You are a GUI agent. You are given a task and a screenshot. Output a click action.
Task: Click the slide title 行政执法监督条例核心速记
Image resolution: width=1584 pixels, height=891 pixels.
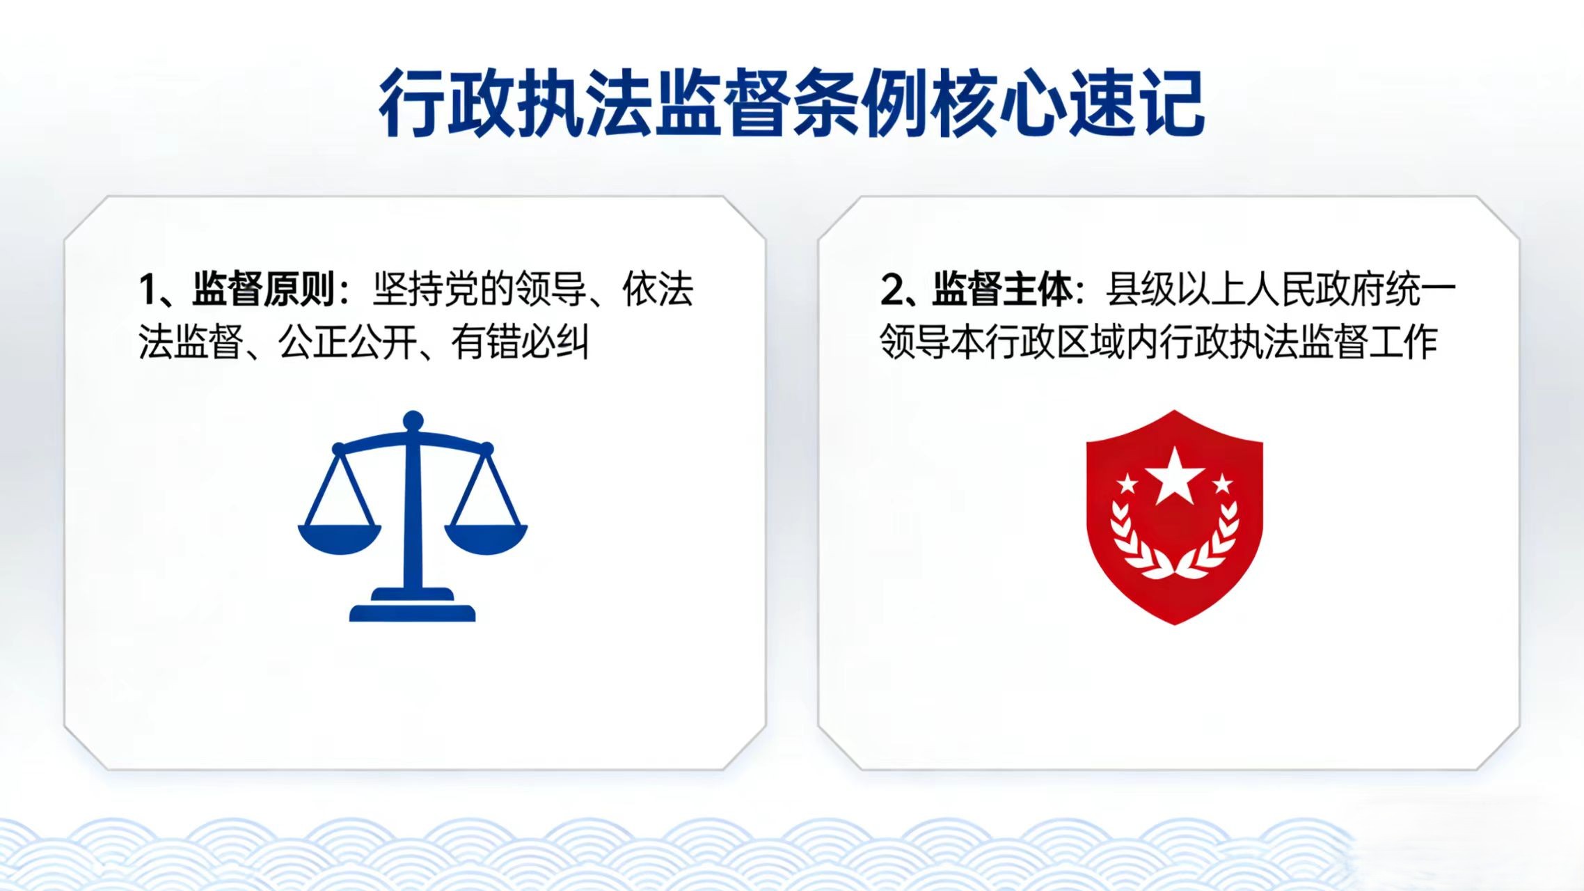pyautogui.click(x=792, y=103)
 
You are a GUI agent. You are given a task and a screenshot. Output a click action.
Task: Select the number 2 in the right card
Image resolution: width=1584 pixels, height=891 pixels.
pyautogui.click(x=892, y=290)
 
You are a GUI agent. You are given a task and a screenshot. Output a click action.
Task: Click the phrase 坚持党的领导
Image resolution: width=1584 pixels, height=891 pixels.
pyautogui.click(x=479, y=289)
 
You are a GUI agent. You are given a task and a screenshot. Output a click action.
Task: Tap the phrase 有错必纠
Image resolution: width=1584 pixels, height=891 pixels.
pyautogui.click(x=520, y=342)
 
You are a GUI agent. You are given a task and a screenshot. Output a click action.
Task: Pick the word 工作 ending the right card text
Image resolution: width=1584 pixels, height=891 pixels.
pyautogui.click(x=1403, y=342)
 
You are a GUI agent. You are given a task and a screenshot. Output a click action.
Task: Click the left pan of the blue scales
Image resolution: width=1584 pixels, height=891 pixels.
pyautogui.click(x=340, y=539)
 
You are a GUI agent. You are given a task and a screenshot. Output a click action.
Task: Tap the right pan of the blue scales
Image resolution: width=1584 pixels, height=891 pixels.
pyautogui.click(x=486, y=539)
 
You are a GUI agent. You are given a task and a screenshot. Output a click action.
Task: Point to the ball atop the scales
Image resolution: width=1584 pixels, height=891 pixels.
pyautogui.click(x=413, y=421)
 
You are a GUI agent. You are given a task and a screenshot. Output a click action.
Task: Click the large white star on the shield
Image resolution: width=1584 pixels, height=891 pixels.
pyautogui.click(x=1175, y=476)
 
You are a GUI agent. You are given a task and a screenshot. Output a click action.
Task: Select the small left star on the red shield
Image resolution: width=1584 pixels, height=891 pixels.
pyautogui.click(x=1127, y=483)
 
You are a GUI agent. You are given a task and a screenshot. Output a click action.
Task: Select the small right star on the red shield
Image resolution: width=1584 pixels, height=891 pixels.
pyautogui.click(x=1222, y=483)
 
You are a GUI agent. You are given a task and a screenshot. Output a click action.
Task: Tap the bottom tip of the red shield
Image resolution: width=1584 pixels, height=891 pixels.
pyautogui.click(x=1175, y=624)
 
